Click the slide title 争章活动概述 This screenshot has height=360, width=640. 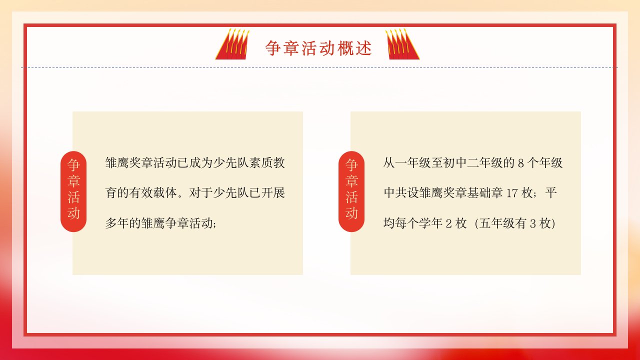(x=318, y=47)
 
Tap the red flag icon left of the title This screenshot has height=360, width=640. (x=232, y=44)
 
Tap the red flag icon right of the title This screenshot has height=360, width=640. (x=402, y=44)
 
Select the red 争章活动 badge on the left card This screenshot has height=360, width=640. (x=73, y=191)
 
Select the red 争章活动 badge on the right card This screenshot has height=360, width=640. (x=351, y=191)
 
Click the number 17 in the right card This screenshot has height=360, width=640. (x=511, y=193)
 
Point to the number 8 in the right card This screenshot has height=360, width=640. (x=521, y=163)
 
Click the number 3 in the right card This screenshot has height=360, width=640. (x=533, y=223)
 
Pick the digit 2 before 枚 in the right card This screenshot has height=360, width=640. (x=449, y=223)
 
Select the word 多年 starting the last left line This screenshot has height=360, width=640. (x=117, y=223)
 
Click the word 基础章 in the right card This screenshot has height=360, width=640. (x=485, y=193)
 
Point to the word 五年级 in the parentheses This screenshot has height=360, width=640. (x=497, y=223)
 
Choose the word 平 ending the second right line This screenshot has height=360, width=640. (x=551, y=193)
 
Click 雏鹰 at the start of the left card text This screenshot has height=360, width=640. (x=117, y=163)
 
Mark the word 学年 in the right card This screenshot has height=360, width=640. (x=431, y=223)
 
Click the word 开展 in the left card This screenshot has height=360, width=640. (x=273, y=193)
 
